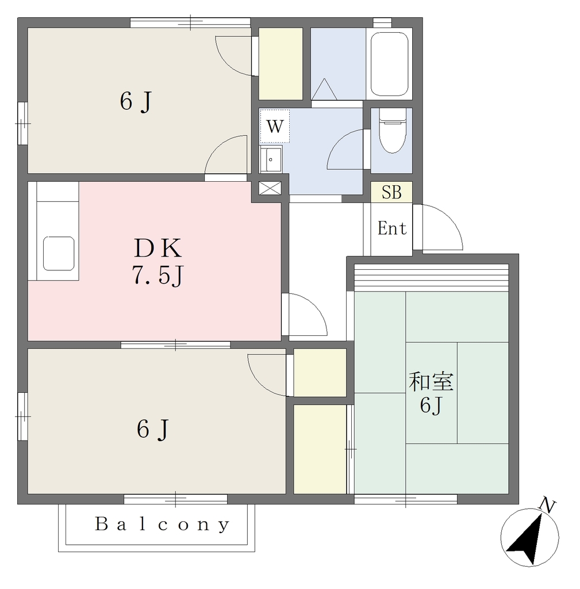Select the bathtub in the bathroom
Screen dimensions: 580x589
[x=389, y=64]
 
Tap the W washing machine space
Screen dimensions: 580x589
[x=275, y=126]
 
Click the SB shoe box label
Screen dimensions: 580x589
[x=391, y=192]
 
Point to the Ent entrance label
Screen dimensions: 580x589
[x=392, y=228]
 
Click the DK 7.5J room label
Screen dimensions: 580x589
[x=158, y=262]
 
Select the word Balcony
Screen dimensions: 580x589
[x=162, y=524]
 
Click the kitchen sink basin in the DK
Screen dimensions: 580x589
[x=59, y=253]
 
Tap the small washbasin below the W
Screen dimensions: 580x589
[x=271, y=159]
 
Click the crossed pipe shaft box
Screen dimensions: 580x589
[x=270, y=188]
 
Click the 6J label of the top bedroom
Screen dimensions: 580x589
[x=136, y=101]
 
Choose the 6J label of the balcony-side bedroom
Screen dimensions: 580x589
[x=153, y=429]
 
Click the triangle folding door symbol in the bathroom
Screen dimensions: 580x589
[x=324, y=89]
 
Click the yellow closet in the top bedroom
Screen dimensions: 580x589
[x=281, y=64]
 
